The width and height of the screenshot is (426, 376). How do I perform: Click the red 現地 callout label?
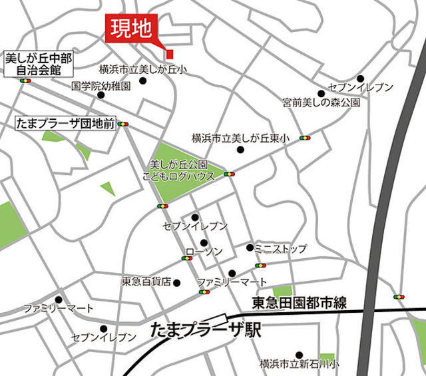pyautogui.click(x=132, y=29)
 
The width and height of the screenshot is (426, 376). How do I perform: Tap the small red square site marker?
pyautogui.click(x=170, y=53)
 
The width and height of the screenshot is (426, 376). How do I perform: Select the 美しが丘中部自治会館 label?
pyautogui.click(x=39, y=63)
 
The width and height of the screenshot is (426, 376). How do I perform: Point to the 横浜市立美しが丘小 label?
pyautogui.click(x=143, y=69)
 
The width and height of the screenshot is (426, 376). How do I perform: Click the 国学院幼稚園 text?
pyautogui.click(x=101, y=85)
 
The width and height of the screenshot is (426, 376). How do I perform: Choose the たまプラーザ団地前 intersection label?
pyautogui.click(x=65, y=123)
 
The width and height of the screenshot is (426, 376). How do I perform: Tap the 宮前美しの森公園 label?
pyautogui.click(x=321, y=103)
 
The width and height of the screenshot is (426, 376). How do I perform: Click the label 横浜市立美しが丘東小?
pyautogui.click(x=237, y=138)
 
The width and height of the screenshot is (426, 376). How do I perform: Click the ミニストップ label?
pyautogui.click(x=280, y=249)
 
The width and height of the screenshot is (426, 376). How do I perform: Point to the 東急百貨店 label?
pyautogui.click(x=146, y=282)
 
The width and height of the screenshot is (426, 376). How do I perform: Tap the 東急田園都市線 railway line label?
pyautogui.click(x=300, y=303)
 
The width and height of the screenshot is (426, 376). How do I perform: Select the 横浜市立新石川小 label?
pyautogui.click(x=299, y=364)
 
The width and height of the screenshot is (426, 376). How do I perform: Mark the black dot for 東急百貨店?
pyautogui.click(x=176, y=282)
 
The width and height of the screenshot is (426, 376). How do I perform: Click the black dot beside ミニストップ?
pyautogui.click(x=250, y=248)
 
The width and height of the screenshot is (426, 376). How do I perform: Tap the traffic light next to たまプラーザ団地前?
pyautogui.click(x=125, y=124)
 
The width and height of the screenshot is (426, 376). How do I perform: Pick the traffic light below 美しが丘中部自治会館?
pyautogui.click(x=26, y=81)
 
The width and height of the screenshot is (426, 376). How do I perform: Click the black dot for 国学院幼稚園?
pyautogui.click(x=101, y=95)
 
